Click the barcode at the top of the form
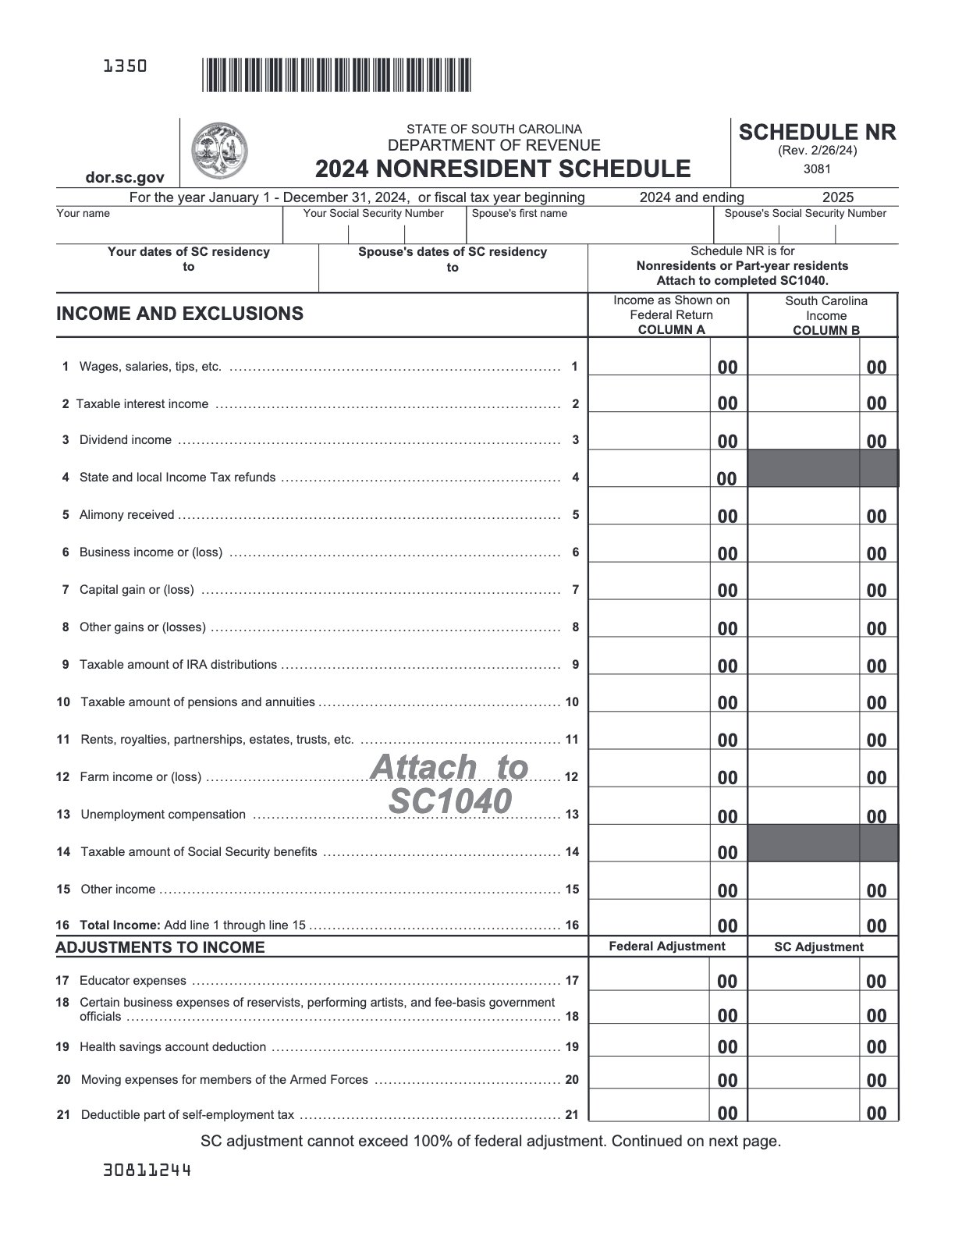click(336, 76)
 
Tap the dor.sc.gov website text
click(124, 178)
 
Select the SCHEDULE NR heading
click(817, 133)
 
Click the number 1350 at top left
click(125, 66)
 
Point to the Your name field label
click(83, 214)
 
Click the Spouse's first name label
click(520, 214)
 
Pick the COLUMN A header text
click(671, 329)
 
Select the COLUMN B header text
click(825, 330)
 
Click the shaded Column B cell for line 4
click(822, 468)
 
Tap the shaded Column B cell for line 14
click(822, 844)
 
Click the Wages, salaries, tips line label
click(150, 367)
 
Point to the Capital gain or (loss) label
click(137, 590)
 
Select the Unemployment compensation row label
click(163, 815)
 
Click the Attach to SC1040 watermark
click(450, 783)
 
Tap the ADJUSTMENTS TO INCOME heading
click(160, 947)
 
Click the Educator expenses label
click(133, 981)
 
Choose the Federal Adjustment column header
click(666, 947)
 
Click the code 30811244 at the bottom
click(147, 1170)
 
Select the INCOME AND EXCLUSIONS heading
click(179, 314)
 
